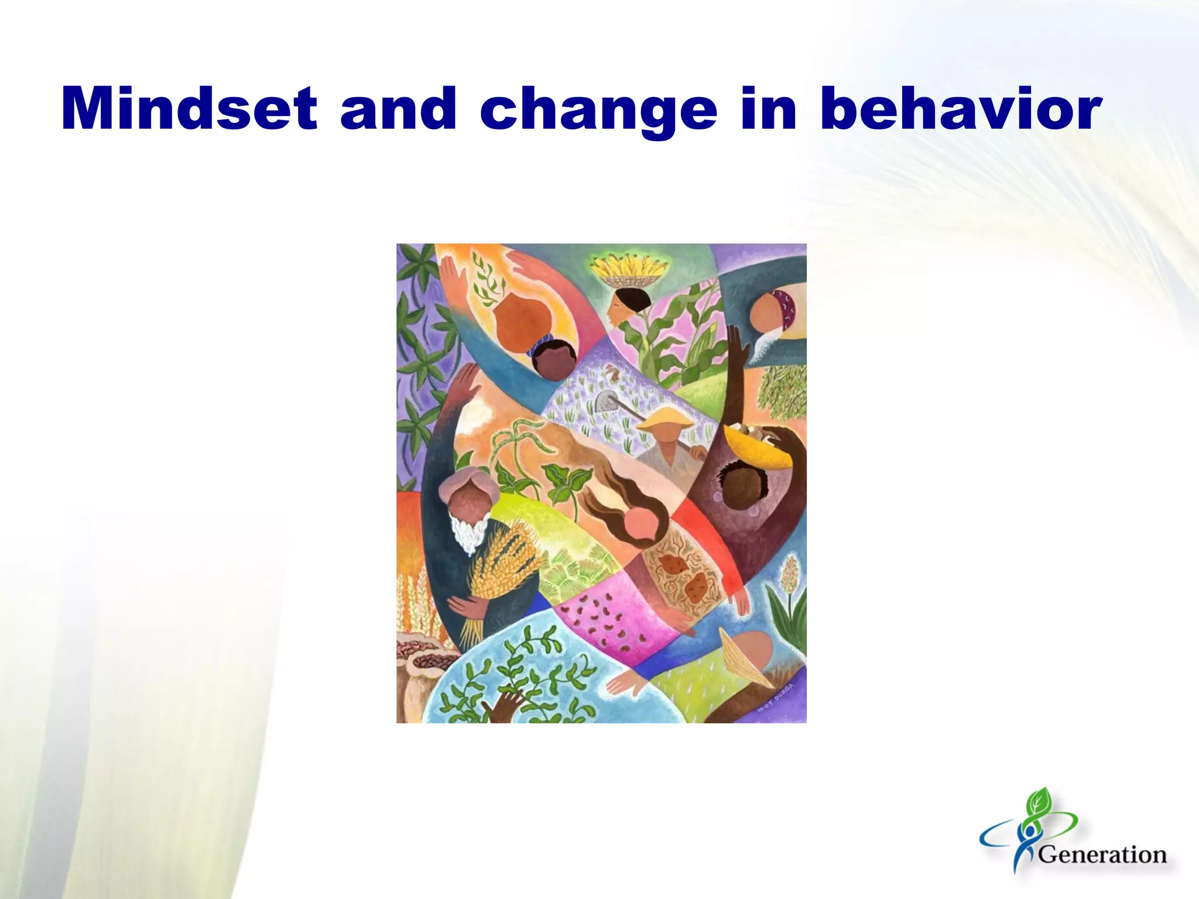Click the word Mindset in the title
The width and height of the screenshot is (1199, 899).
point(189,109)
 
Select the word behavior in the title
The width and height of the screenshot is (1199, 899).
point(960,109)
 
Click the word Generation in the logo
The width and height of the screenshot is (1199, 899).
point(1102,855)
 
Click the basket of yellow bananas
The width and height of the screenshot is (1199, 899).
point(629,271)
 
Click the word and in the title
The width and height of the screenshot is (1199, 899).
point(398,109)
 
